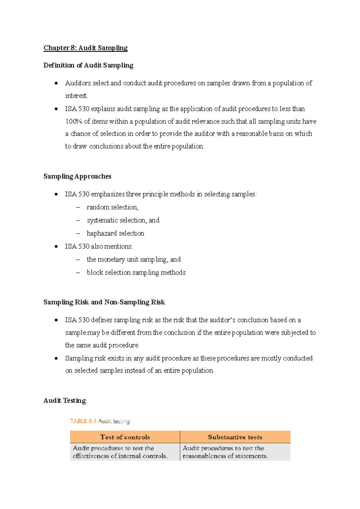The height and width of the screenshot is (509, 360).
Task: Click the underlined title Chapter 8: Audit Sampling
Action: tap(85, 48)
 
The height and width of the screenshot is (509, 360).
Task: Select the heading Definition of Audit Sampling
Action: tap(88, 65)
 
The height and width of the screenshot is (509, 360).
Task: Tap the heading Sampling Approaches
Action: tap(77, 176)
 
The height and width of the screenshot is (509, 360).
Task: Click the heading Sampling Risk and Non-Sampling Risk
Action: tap(104, 302)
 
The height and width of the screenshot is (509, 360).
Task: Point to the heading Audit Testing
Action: tap(64, 401)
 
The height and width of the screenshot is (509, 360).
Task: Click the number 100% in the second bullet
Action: tap(73, 122)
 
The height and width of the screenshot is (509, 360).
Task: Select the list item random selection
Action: tap(112, 207)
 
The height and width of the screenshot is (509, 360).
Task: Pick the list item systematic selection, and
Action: tap(123, 220)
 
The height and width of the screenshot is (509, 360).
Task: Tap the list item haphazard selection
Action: tap(115, 233)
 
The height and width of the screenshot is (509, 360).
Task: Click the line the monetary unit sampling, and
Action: tap(133, 260)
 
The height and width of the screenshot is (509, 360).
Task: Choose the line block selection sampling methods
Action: tap(136, 273)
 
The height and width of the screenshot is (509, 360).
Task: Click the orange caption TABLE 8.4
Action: tap(83, 421)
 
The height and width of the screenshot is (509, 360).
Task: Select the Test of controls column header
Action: tap(125, 437)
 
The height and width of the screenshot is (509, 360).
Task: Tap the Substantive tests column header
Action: tap(235, 437)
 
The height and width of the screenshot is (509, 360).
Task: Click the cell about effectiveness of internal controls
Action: tap(120, 452)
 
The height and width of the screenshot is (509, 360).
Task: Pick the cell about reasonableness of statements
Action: tap(225, 452)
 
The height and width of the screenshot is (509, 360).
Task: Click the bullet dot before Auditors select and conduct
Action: tap(56, 83)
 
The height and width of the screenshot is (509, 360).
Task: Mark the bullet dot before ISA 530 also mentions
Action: tap(56, 247)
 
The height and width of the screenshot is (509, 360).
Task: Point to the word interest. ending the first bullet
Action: tap(76, 96)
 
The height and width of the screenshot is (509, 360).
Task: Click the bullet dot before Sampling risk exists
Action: tap(56, 358)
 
